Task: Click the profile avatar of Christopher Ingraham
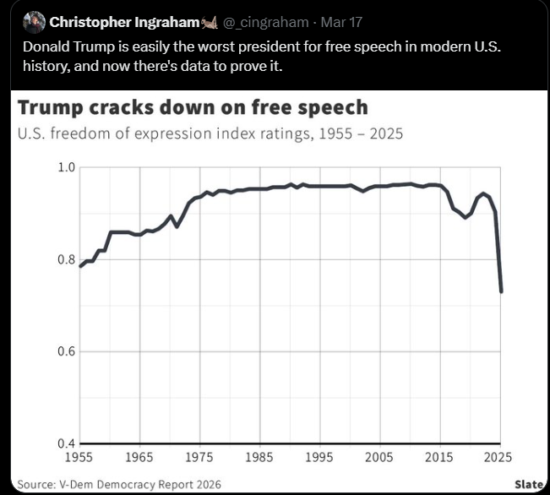click(34, 22)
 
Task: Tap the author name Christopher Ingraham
click(123, 22)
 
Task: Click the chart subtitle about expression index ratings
click(210, 133)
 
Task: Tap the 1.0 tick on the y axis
click(67, 167)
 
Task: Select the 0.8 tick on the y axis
click(67, 259)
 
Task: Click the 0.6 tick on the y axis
click(67, 351)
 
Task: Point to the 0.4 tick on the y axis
click(67, 443)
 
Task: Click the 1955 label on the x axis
click(80, 457)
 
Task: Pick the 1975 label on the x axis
click(199, 457)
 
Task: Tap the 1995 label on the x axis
click(319, 457)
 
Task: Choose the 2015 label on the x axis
click(439, 457)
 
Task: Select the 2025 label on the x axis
click(499, 457)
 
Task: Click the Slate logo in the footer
click(529, 484)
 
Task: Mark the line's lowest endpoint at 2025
click(502, 291)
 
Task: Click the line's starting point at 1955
click(80, 266)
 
